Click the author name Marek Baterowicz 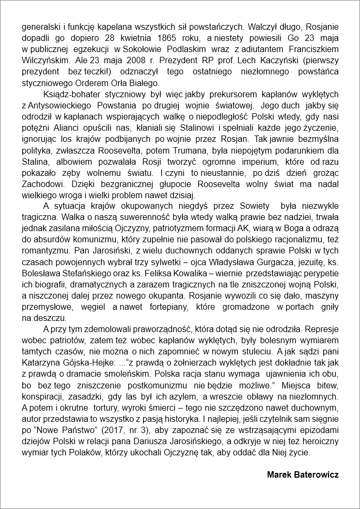303,474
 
